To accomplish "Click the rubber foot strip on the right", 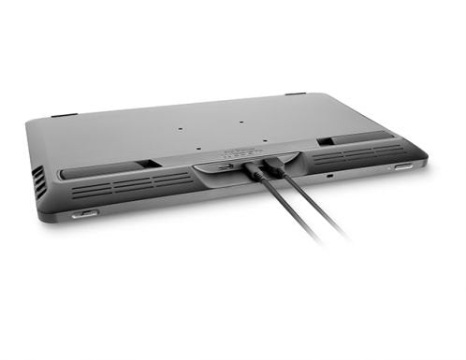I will [361, 137].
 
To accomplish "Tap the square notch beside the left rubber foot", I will [150, 165].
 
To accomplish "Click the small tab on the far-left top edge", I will [64, 115].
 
